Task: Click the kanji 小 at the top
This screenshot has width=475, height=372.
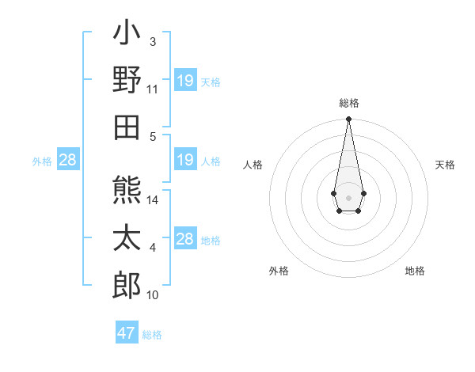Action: coord(127,35)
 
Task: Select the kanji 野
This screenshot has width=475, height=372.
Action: coord(127,79)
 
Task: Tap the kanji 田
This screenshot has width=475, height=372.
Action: coord(127,124)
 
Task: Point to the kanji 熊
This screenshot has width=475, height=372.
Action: coord(127,191)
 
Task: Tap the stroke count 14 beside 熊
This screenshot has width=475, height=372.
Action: coord(153,200)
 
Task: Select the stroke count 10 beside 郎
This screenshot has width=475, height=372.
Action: coord(153,295)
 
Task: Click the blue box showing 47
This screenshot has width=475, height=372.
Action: coord(127,333)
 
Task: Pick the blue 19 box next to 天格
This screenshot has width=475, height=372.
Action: coord(185,81)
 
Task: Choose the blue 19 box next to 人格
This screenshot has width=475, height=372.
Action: coord(185,161)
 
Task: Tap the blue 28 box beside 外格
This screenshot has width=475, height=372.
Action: coord(68,161)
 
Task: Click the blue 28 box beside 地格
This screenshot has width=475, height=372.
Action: coord(185,239)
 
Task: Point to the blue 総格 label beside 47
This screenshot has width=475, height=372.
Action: coord(152,335)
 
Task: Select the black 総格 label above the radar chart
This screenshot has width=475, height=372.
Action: coord(348,103)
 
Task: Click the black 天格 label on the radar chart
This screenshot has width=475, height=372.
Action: coord(445,165)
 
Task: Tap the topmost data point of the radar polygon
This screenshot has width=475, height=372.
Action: coord(348,120)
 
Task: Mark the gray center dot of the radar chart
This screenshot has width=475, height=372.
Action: coord(348,196)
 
